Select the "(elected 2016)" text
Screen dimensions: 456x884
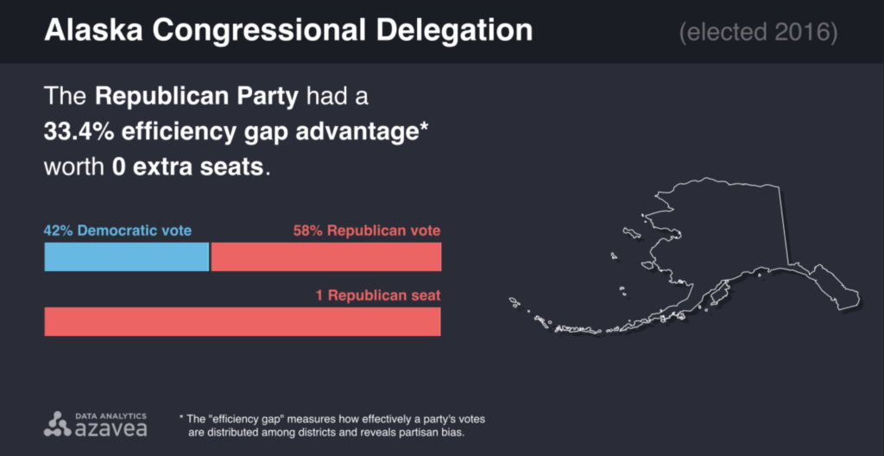(x=758, y=33)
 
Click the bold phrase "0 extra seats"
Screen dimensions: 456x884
(x=187, y=165)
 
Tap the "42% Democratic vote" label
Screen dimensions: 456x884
(x=117, y=231)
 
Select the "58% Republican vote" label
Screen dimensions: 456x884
(x=367, y=231)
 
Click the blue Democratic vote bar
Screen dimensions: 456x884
(x=126, y=257)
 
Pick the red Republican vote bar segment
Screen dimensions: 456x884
(x=326, y=257)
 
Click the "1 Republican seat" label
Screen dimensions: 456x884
(x=377, y=295)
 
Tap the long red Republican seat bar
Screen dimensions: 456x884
(x=243, y=321)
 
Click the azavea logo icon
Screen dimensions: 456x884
(x=58, y=423)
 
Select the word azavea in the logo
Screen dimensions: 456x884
(x=111, y=427)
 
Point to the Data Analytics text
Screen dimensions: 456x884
(x=111, y=415)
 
